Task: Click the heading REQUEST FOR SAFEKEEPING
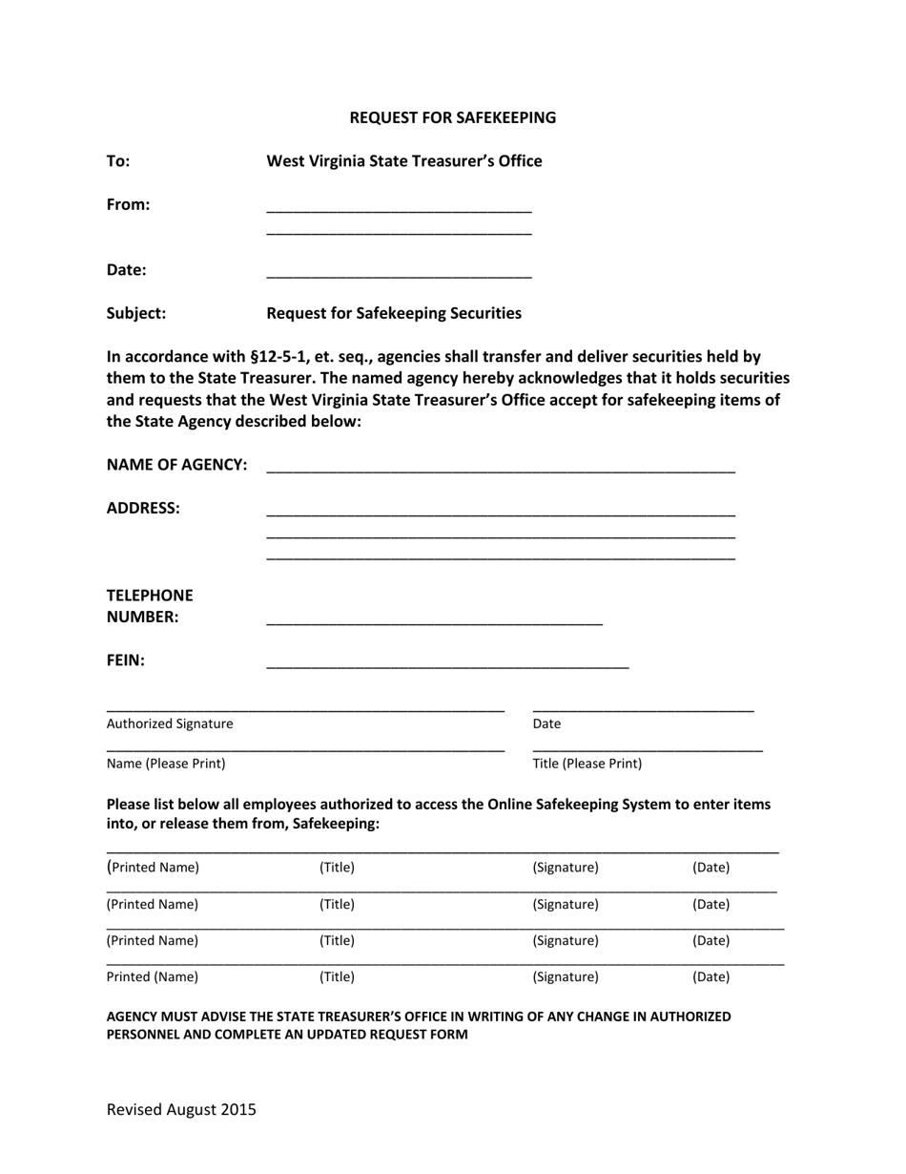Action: click(x=452, y=117)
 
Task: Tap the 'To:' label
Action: click(x=118, y=161)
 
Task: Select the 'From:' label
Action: click(x=128, y=204)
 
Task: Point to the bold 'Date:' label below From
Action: click(x=126, y=270)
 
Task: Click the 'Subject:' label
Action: click(x=135, y=313)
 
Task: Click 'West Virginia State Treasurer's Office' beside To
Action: click(x=403, y=161)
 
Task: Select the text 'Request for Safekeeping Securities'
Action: click(x=393, y=313)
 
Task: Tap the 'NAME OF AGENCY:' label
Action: click(x=176, y=465)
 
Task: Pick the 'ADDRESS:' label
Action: click(x=142, y=508)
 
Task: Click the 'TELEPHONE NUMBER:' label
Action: click(x=149, y=606)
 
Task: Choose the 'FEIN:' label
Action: click(x=125, y=660)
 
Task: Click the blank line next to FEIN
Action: click(x=446, y=664)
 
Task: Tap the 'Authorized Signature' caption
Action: click(x=169, y=723)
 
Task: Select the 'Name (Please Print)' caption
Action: click(x=165, y=764)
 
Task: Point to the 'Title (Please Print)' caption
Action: click(x=587, y=764)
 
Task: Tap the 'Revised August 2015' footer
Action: click(x=181, y=1109)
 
